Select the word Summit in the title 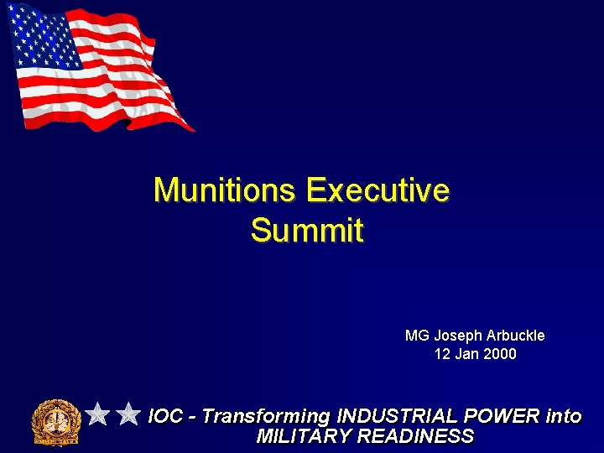click(x=307, y=230)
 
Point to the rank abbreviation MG click(x=417, y=336)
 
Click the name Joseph click(x=457, y=336)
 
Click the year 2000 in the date click(x=500, y=354)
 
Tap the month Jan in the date click(x=467, y=354)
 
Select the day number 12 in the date click(x=442, y=354)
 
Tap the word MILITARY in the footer click(x=304, y=436)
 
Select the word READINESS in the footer click(x=416, y=436)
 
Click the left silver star click(x=98, y=414)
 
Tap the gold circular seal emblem click(x=55, y=420)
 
